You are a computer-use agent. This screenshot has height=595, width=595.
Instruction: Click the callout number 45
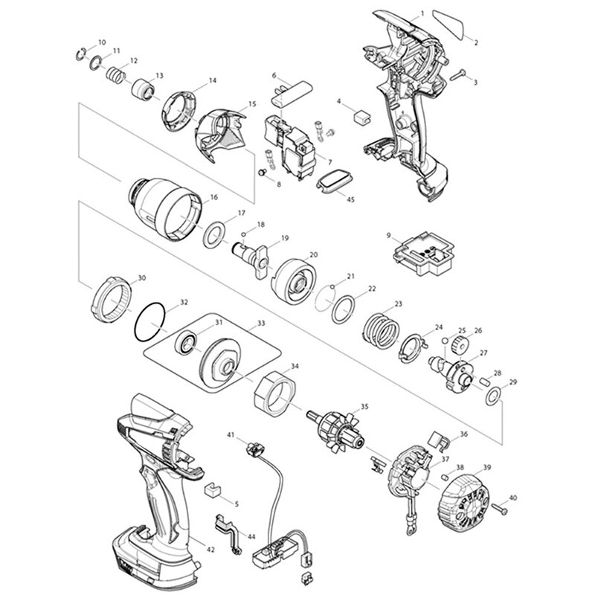[x=351, y=199]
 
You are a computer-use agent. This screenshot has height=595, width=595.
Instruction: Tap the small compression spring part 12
[x=114, y=75]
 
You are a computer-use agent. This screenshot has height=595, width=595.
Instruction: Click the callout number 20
[x=313, y=255]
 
